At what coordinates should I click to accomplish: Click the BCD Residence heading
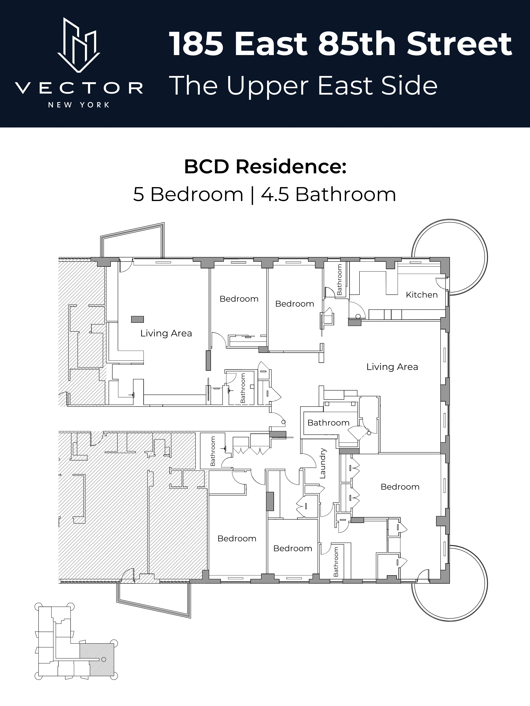point(265,167)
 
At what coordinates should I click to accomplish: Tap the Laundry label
point(323,463)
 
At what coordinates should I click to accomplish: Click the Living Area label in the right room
point(392,367)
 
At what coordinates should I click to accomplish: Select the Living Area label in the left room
point(166,334)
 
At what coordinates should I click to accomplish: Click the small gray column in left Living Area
point(137,319)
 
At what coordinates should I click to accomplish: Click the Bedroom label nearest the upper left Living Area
point(239,299)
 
